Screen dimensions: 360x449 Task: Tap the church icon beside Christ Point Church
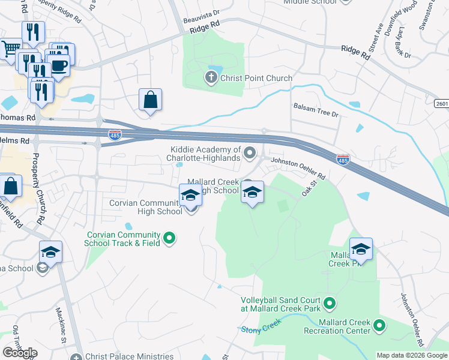click(211, 77)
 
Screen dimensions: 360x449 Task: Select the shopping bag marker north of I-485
click(150, 100)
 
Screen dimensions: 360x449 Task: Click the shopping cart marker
click(10, 48)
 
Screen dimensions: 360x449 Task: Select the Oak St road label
click(309, 191)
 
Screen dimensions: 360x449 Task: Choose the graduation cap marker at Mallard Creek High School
click(252, 193)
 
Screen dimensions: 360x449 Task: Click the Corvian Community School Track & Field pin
click(169, 239)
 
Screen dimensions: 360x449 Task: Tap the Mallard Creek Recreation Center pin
click(379, 326)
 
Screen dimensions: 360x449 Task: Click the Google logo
click(20, 353)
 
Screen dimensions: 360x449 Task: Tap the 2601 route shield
click(440, 104)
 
